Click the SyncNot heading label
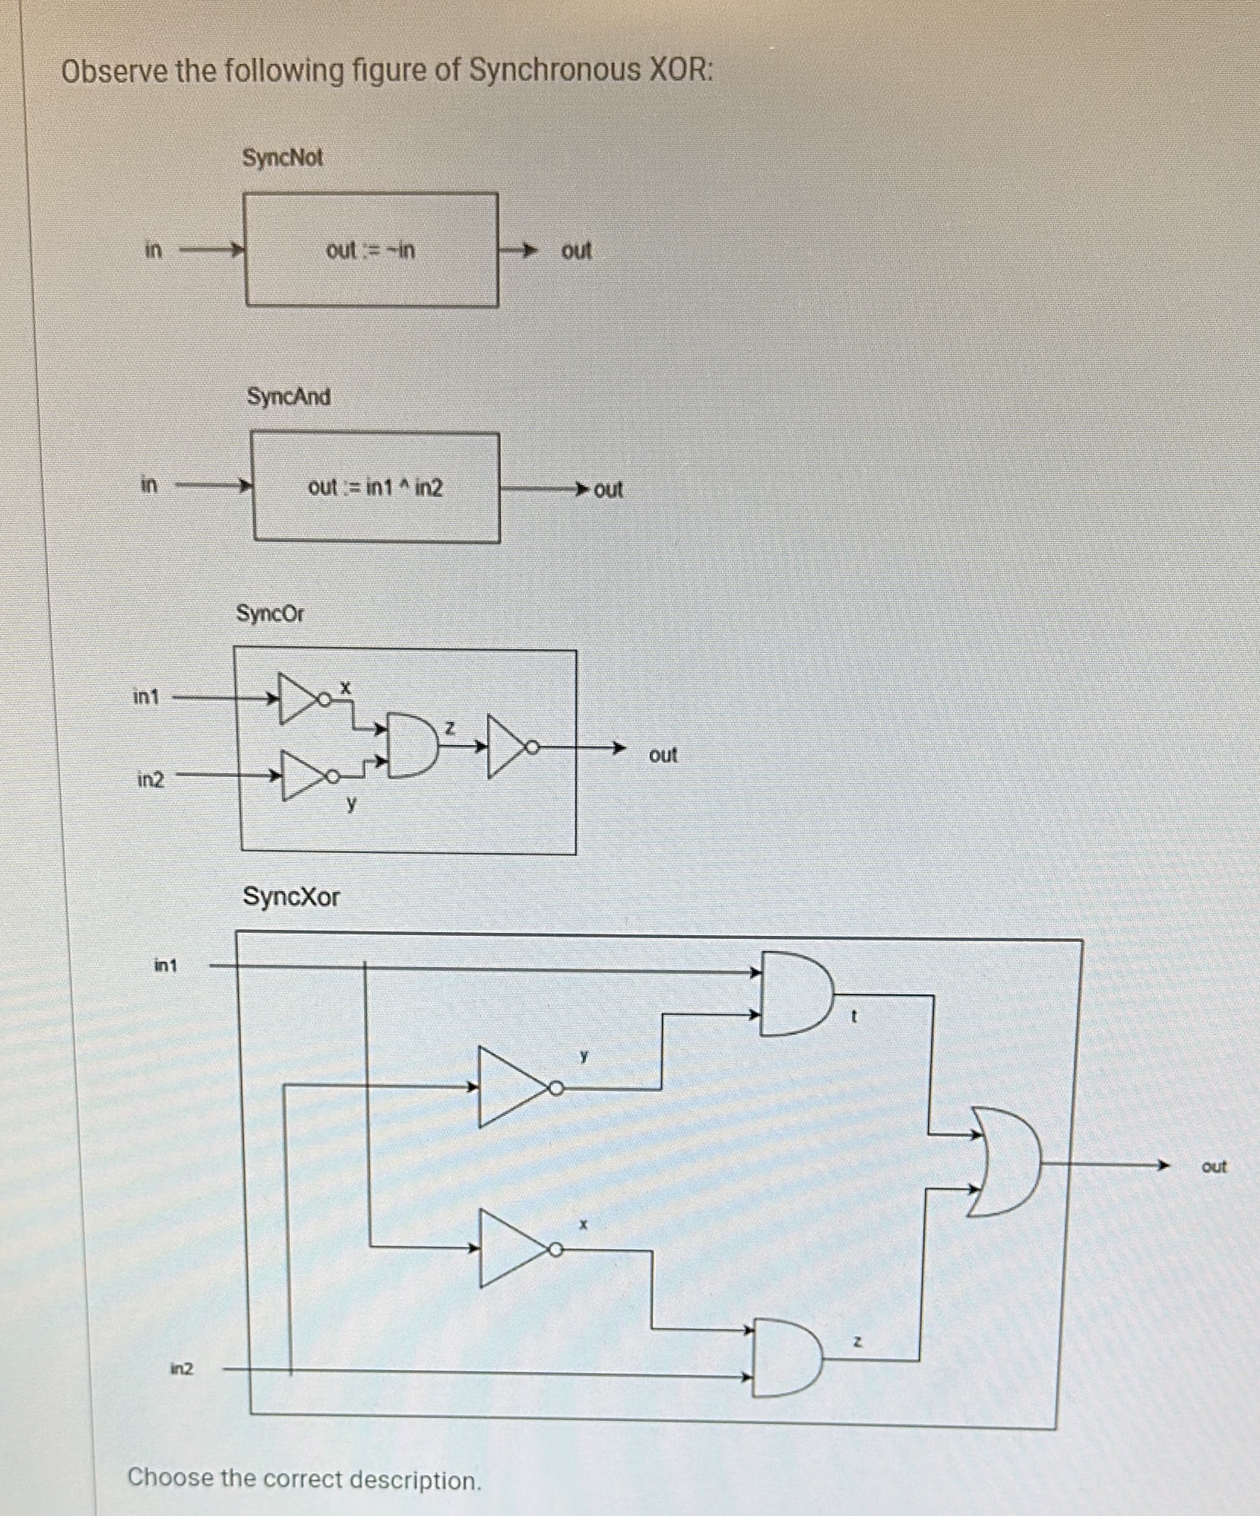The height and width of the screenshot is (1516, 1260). pos(282,158)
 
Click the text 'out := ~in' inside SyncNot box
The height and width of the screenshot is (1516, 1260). pos(370,250)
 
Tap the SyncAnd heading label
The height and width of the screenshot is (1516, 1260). pos(288,397)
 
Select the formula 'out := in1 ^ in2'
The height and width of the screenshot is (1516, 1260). pos(375,487)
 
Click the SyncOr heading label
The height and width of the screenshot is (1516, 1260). pos(269,614)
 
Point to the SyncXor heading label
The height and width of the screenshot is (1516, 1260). pos(291,897)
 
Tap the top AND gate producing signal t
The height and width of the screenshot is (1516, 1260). pos(794,993)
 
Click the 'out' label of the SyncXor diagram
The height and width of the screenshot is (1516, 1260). pos(1214,1166)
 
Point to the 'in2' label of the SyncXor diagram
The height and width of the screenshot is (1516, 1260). pos(182,1369)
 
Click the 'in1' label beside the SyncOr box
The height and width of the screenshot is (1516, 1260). pos(146,696)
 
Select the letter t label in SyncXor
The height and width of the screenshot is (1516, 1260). pos(853,1016)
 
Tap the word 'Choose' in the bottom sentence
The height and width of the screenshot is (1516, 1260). pos(169,1477)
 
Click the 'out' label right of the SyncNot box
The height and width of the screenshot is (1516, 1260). pos(576,251)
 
